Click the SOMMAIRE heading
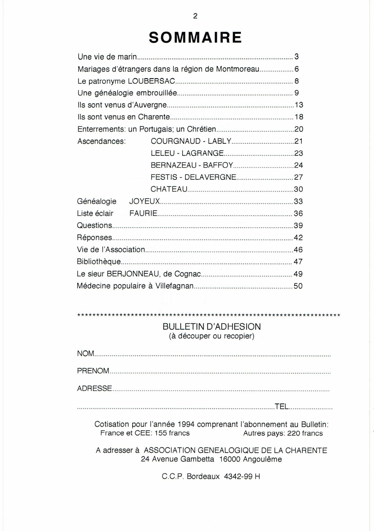(195, 38)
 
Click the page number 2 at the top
(195, 16)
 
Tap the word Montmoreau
(238, 69)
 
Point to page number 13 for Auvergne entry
(299, 105)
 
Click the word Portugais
(156, 129)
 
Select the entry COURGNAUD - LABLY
(191, 141)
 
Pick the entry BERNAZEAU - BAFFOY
(192, 165)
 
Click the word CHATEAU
(169, 189)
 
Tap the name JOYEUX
(144, 201)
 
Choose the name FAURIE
(143, 213)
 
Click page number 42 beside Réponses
(298, 238)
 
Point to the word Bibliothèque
(99, 262)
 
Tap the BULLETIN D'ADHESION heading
(212, 327)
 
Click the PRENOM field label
(93, 371)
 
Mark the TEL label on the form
(281, 407)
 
